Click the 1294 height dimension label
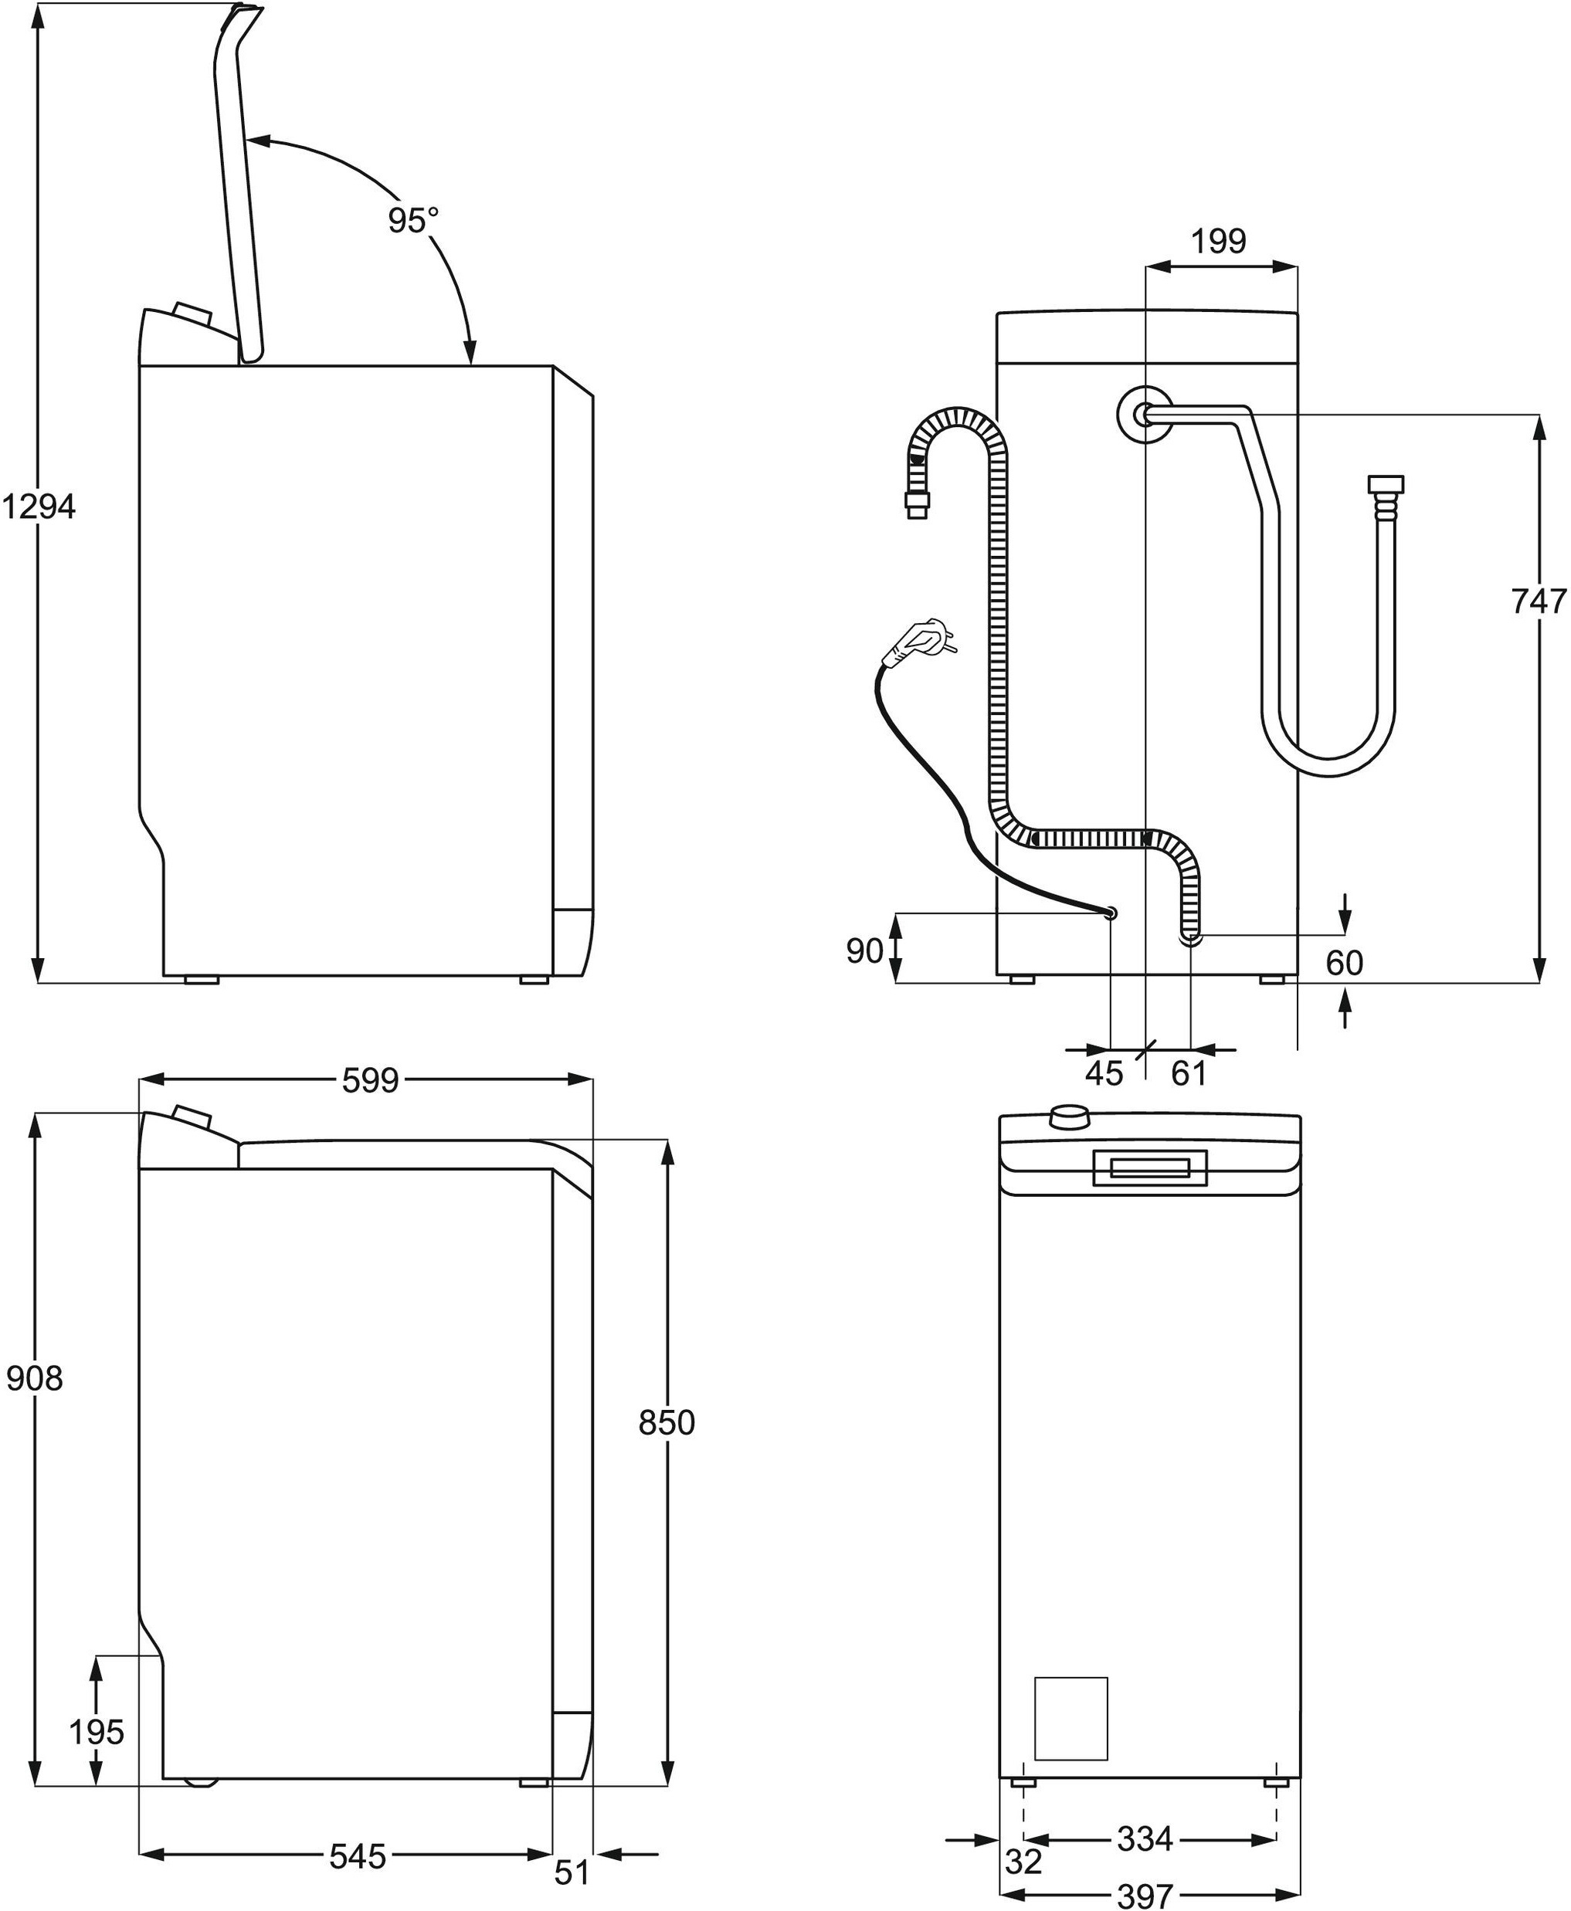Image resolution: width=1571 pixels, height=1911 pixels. coord(38,507)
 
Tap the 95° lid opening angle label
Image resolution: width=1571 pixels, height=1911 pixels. coord(412,220)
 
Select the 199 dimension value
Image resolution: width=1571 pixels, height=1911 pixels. coord(1218,242)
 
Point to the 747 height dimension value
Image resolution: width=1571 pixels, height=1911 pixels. coord(1539,601)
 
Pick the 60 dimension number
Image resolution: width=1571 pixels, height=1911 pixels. coord(1344,963)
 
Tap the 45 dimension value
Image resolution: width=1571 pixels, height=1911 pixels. coord(1103,1074)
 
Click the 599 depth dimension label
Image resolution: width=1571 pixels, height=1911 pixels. coord(370,1080)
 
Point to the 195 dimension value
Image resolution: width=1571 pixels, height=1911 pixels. coord(96,1732)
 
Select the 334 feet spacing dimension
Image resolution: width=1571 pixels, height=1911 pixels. coord(1145,1838)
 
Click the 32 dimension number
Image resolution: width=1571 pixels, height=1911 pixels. coord(1023,1862)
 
